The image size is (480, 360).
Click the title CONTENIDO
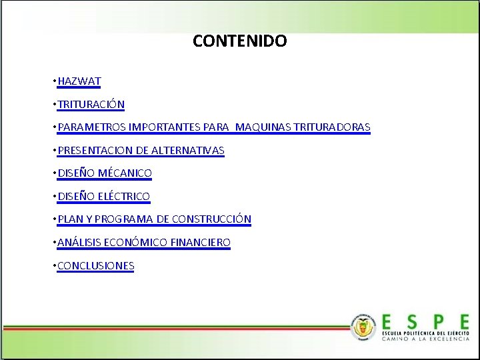[x=240, y=41]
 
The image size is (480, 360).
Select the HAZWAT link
[x=79, y=81]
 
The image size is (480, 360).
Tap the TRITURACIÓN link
[x=91, y=105]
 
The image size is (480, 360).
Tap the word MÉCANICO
[x=125, y=173]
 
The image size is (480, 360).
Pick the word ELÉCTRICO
[x=124, y=197]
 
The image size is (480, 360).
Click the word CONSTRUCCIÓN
[x=211, y=219]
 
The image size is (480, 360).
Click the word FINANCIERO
[x=200, y=243]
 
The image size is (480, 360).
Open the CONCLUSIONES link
[x=96, y=266]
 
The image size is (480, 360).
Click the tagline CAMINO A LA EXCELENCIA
[x=425, y=339]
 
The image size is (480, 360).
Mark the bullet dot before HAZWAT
[x=53, y=81]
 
